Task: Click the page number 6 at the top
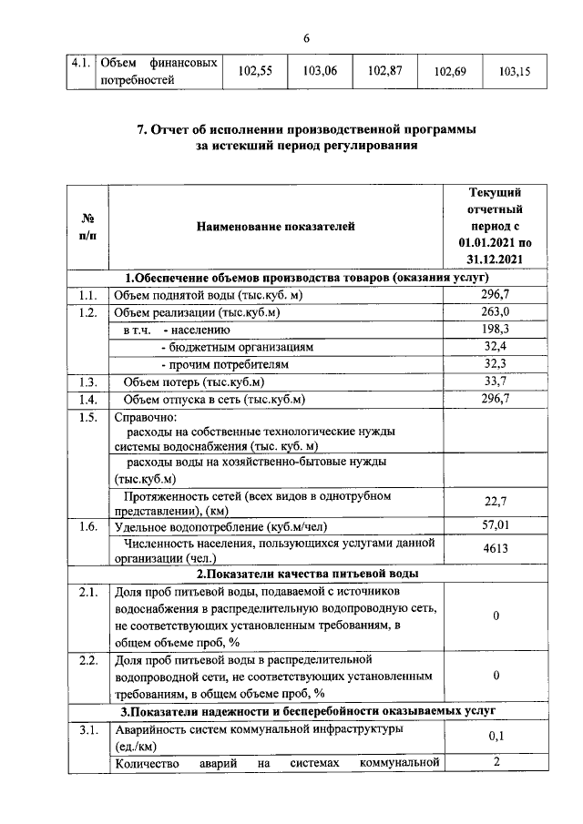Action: click(x=306, y=37)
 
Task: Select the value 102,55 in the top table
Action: click(x=255, y=71)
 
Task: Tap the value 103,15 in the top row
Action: click(x=516, y=71)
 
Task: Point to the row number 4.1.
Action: click(x=82, y=64)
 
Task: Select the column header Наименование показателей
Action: click(x=274, y=227)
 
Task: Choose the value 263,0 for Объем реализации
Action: click(x=495, y=312)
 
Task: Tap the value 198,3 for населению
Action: click(x=495, y=330)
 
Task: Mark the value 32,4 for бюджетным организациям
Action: click(x=495, y=347)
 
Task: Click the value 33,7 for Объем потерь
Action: click(x=495, y=381)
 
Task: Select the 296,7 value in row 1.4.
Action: click(x=495, y=399)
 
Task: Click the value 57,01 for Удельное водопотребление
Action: click(x=495, y=526)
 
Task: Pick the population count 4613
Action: click(x=495, y=550)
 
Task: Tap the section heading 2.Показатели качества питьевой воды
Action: click(x=308, y=574)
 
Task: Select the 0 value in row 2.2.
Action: click(x=495, y=676)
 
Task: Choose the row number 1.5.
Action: click(x=87, y=418)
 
